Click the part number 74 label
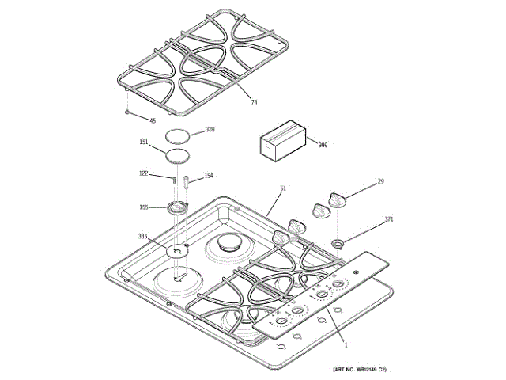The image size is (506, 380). coord(255,103)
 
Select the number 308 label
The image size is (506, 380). coord(210,129)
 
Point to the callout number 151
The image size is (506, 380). coord(144,142)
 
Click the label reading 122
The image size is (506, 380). coord(144,173)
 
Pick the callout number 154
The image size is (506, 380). coord(210,176)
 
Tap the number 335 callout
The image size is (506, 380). coord(142,237)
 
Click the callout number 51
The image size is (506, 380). coord(282,189)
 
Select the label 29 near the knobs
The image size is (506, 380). coord(380,182)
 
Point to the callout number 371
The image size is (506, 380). coord(389,218)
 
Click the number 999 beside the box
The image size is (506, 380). coord(323,145)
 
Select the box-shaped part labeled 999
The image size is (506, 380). coord(282,140)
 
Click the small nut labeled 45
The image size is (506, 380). coord(126,113)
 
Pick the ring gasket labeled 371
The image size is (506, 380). coord(338,241)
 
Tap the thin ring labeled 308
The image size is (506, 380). coord(179,135)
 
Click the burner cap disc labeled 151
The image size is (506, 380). coord(178,154)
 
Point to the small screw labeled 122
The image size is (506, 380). coord(172,179)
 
